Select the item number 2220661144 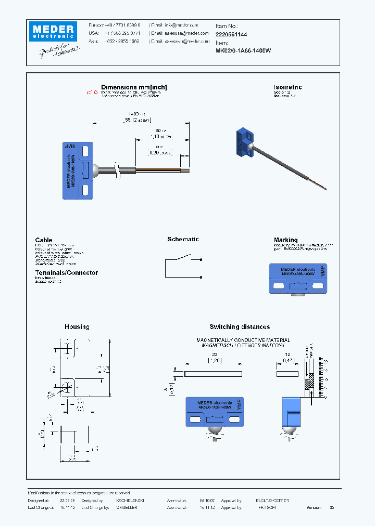(231, 34)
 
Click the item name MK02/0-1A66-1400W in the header (243, 51)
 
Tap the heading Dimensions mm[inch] (134, 87)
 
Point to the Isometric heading (287, 87)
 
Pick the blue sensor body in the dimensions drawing (78, 170)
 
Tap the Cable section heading (44, 240)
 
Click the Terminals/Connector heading (66, 273)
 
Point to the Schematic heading (183, 239)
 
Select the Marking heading (285, 240)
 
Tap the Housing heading (77, 327)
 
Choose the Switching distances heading (240, 327)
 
